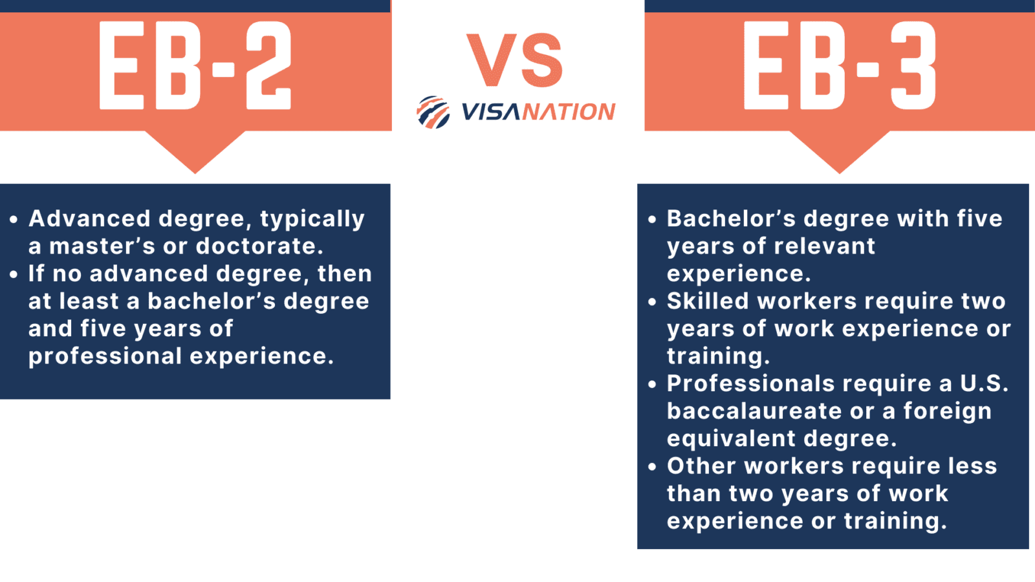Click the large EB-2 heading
195,65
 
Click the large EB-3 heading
839,65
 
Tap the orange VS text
515,61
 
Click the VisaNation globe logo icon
433,113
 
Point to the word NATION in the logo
569,112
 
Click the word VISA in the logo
491,112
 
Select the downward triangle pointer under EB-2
195,151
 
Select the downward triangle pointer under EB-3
839,151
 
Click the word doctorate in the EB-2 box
259,246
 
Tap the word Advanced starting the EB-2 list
89,219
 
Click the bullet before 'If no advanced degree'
14,275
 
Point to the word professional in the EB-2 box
105,356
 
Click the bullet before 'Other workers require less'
652,467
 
